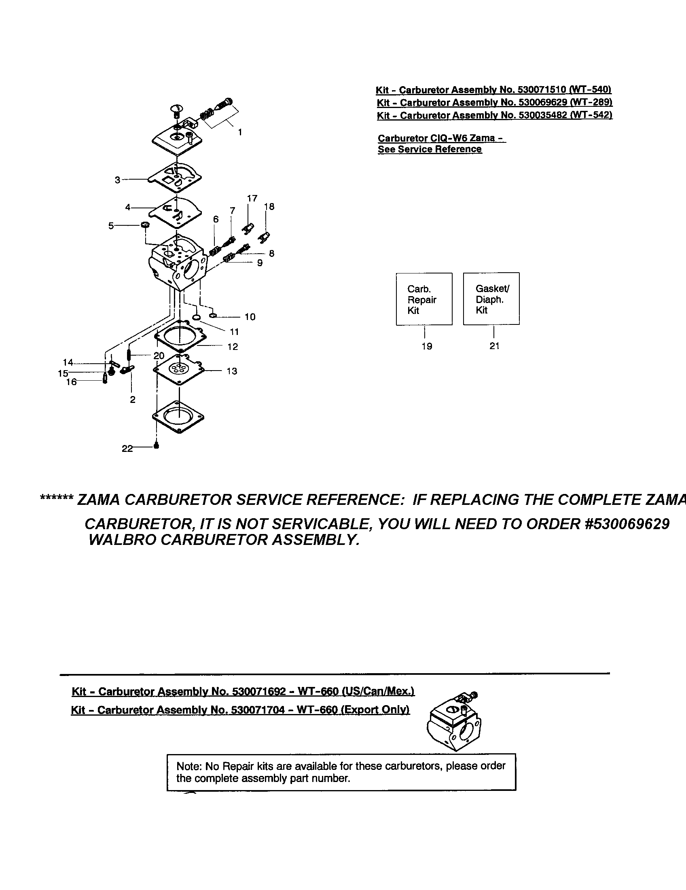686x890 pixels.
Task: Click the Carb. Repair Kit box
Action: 423,299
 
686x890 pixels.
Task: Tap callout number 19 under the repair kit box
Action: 426,346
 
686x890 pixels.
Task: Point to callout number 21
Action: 494,345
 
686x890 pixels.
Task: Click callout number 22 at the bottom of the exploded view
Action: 127,448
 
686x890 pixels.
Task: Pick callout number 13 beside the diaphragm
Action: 232,371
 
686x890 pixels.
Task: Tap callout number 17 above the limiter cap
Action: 252,198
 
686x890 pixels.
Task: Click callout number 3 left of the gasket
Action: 117,180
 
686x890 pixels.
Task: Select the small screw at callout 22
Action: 156,446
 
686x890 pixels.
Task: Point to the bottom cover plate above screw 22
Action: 178,417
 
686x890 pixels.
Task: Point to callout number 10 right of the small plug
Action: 250,317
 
